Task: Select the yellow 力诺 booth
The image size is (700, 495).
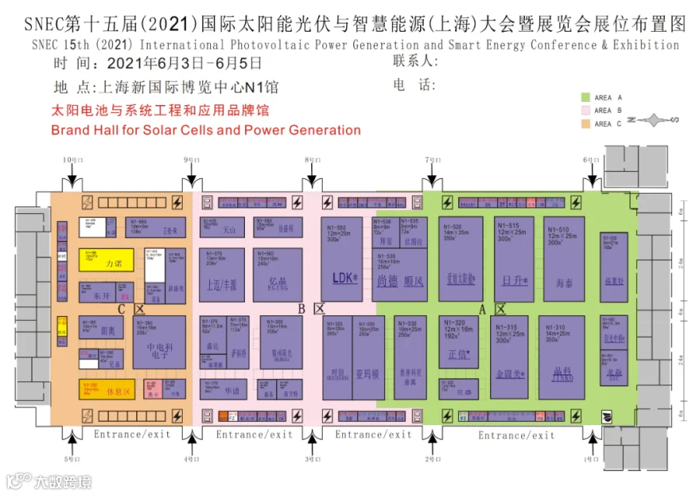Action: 106,260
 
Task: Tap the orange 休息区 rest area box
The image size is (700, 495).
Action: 106,389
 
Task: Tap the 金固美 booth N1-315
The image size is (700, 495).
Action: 510,357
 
